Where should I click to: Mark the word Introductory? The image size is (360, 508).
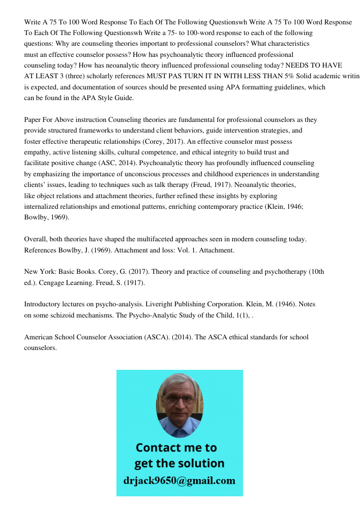coord(45,304)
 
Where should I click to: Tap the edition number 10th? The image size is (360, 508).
coord(315,272)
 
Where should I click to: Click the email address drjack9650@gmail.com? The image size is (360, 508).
coord(179,481)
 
